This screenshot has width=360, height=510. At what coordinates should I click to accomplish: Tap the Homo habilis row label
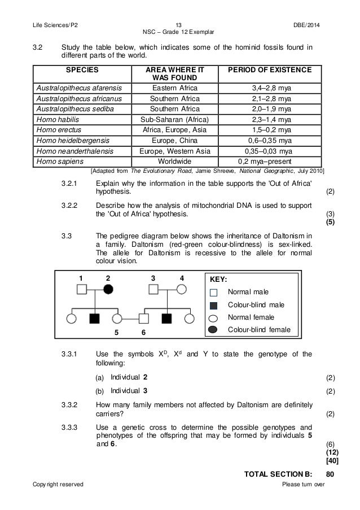[x=56, y=119]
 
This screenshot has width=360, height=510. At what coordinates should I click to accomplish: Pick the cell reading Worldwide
[x=175, y=160]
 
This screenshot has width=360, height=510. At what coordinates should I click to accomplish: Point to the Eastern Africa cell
[x=175, y=88]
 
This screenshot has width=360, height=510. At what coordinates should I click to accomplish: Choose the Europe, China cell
[x=175, y=140]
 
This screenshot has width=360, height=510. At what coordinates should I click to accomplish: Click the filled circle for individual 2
[x=108, y=290]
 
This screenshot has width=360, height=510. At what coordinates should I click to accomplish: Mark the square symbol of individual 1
[x=81, y=290]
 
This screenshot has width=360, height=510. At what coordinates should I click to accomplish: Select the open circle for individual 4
[x=182, y=290]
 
